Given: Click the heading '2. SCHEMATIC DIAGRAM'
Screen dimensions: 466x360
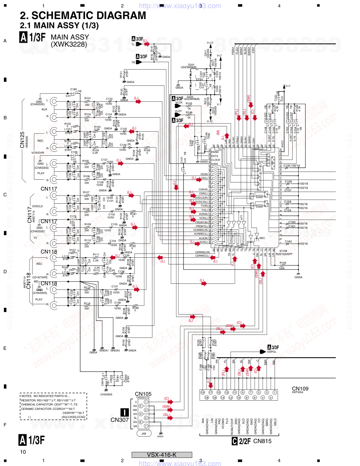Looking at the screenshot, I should coord(83,16).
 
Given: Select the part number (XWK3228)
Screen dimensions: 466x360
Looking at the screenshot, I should coord(69,44).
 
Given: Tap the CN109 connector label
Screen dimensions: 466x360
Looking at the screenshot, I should coord(300,389).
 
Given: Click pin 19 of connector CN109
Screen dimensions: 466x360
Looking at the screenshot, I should coord(203,393).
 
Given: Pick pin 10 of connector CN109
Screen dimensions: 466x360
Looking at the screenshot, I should coord(239,398).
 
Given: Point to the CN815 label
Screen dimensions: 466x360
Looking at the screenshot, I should coord(262,441).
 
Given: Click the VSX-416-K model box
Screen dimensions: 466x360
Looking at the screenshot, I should coord(162,455).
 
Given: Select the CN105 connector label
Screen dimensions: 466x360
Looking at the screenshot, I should coord(143,394).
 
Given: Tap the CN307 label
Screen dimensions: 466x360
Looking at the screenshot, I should coord(119,420).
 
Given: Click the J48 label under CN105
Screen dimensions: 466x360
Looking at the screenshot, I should coord(144,434).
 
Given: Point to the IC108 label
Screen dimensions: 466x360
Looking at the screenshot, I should coord(283,251).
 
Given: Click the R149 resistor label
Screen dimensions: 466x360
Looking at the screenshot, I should coord(283,263).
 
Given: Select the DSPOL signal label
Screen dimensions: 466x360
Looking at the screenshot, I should coord(272,352).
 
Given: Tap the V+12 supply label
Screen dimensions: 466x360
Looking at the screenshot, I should coord(210,43).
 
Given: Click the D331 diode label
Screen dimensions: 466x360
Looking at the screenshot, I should coord(205,53).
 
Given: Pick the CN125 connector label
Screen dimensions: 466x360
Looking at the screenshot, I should coord(22,140).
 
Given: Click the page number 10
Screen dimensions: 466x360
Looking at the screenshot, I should coord(23,452).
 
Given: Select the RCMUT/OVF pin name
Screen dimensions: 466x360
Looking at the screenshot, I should coord(232,426).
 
